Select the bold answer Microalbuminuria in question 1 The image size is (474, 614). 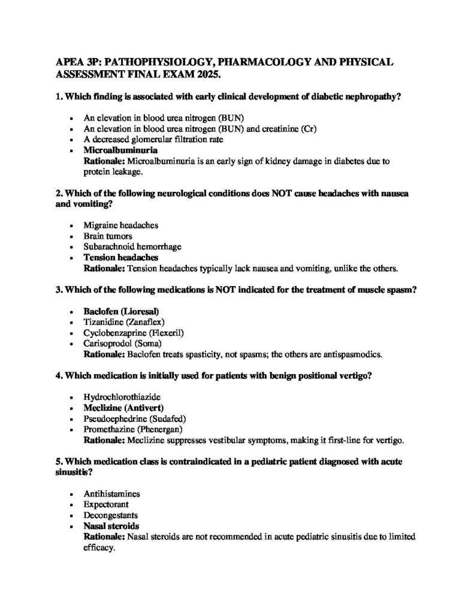[x=120, y=151]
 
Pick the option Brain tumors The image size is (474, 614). [x=108, y=236]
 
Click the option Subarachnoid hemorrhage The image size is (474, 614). [x=132, y=246]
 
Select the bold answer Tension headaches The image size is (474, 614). [x=120, y=257]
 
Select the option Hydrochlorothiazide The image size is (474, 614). [x=122, y=397]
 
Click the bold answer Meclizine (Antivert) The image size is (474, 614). [x=123, y=408]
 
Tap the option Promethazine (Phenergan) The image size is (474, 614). [x=132, y=429]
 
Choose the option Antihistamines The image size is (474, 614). [x=111, y=493]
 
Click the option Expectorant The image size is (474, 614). [x=106, y=504]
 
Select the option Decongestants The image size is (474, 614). [x=111, y=515]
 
